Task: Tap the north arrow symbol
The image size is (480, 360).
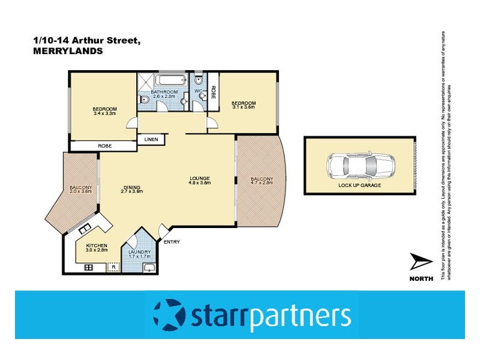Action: click(x=421, y=263)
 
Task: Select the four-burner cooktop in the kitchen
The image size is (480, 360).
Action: click(x=88, y=267)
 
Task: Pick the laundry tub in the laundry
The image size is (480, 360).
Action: click(x=149, y=267)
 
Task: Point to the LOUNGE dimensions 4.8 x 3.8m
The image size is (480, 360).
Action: click(x=199, y=182)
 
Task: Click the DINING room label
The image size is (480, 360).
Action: click(x=131, y=186)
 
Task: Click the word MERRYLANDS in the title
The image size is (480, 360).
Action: click(x=68, y=52)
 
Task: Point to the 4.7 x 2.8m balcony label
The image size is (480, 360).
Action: click(x=262, y=183)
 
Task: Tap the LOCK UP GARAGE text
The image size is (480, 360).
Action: click(x=359, y=185)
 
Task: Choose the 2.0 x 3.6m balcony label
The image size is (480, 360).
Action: click(x=80, y=191)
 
